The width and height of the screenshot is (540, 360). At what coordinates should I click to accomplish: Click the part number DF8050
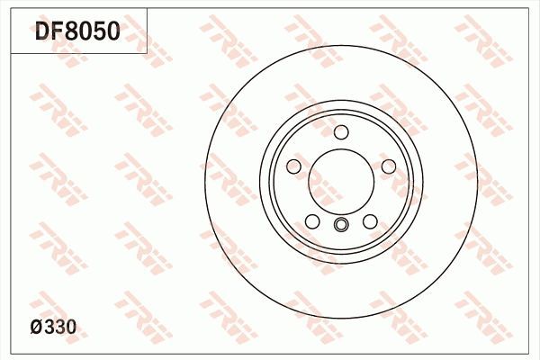(76, 32)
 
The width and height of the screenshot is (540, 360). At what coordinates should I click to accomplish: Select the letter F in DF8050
(58, 32)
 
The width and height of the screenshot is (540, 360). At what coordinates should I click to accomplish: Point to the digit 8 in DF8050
(74, 32)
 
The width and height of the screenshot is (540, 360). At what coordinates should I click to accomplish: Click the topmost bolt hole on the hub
(341, 133)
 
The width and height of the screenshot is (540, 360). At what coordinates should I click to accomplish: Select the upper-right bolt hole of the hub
(389, 167)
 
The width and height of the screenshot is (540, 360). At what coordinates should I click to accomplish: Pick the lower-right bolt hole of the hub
(370, 221)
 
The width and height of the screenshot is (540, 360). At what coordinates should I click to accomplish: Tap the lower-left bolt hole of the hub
(312, 221)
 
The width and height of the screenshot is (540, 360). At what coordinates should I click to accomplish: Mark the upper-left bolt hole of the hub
(294, 167)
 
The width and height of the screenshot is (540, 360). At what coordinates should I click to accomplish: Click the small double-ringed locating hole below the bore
(341, 225)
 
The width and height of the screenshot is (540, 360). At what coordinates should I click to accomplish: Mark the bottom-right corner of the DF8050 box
(148, 53)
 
